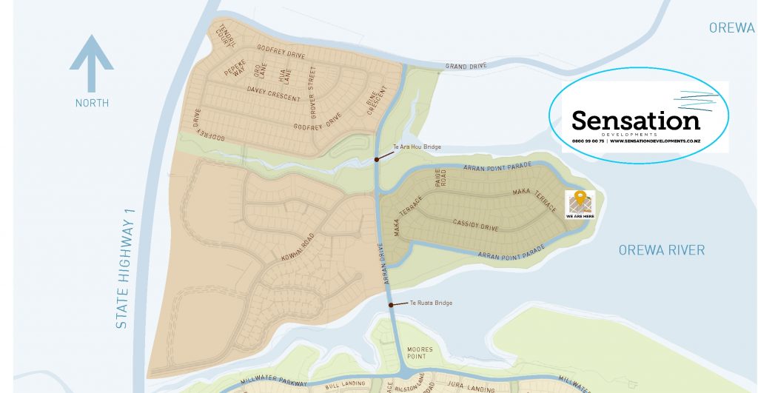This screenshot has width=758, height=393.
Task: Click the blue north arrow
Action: click(92, 62)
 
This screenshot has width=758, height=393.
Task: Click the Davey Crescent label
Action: click(274, 94)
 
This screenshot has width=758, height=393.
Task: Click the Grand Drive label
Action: click(466, 67)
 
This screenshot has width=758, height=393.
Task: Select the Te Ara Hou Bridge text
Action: click(417, 147)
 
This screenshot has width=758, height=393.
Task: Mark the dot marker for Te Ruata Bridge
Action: click(390, 303)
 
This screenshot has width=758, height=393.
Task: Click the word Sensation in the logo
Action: click(635, 121)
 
